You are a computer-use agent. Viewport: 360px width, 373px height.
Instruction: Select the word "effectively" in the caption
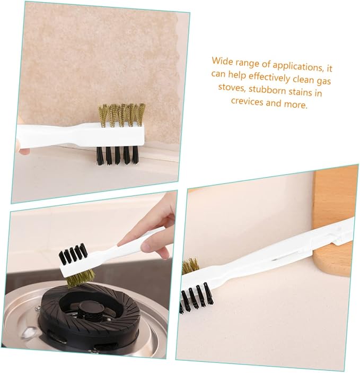[x=269, y=77]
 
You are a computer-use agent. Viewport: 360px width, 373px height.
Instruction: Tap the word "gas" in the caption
[x=323, y=81]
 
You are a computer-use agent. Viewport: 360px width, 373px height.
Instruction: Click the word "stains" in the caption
[x=301, y=92]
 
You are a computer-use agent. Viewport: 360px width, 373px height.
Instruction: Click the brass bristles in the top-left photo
[x=122, y=115]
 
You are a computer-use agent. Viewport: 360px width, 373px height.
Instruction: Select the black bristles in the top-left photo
[x=118, y=155]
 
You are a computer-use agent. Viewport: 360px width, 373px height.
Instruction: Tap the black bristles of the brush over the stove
[x=73, y=254]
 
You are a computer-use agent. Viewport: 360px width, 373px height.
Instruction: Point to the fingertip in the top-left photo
[x=25, y=152]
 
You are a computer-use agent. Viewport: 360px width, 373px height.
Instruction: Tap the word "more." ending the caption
[x=296, y=104]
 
